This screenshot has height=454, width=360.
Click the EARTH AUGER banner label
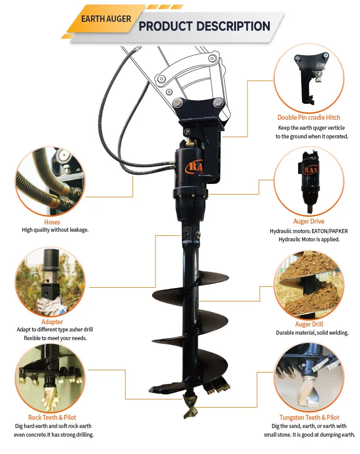106,19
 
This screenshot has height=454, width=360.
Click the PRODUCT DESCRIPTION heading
204,26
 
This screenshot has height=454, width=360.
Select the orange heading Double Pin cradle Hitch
309,117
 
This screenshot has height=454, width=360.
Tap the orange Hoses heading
52,222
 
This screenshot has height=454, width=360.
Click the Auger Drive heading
309,221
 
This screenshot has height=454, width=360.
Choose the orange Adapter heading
52,321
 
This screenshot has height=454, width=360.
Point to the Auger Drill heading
309,324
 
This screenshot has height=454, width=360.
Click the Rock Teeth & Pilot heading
52,417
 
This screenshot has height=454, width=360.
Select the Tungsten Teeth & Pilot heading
309,417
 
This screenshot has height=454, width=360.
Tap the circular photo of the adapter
50,282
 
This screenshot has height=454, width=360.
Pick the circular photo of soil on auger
309,285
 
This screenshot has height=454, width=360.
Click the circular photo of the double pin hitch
309,79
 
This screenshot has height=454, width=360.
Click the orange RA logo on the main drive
195,167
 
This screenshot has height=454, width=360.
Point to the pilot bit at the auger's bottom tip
190,406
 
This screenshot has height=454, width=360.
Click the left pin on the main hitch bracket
178,102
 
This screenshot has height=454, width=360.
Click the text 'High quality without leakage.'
55,230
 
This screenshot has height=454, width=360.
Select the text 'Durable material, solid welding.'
312,333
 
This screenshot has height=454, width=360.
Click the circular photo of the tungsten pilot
309,377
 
